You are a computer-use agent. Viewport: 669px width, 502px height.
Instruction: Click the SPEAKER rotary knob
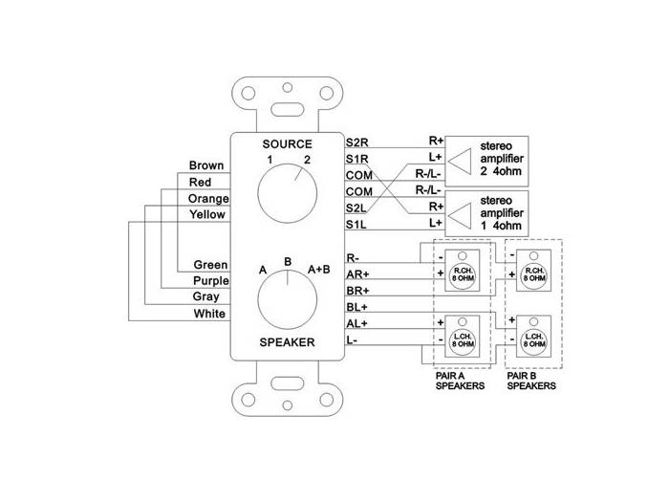coord(288,300)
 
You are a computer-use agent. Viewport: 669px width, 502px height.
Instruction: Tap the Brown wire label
coord(206,165)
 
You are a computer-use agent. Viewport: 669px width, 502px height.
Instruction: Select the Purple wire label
coord(210,281)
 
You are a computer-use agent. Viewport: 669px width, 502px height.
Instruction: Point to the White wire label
coord(209,314)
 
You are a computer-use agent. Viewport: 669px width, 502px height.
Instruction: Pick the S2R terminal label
coord(358,142)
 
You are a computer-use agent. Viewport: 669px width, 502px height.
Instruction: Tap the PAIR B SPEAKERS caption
coord(532,382)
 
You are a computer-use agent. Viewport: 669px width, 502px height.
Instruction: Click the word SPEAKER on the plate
coord(288,341)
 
